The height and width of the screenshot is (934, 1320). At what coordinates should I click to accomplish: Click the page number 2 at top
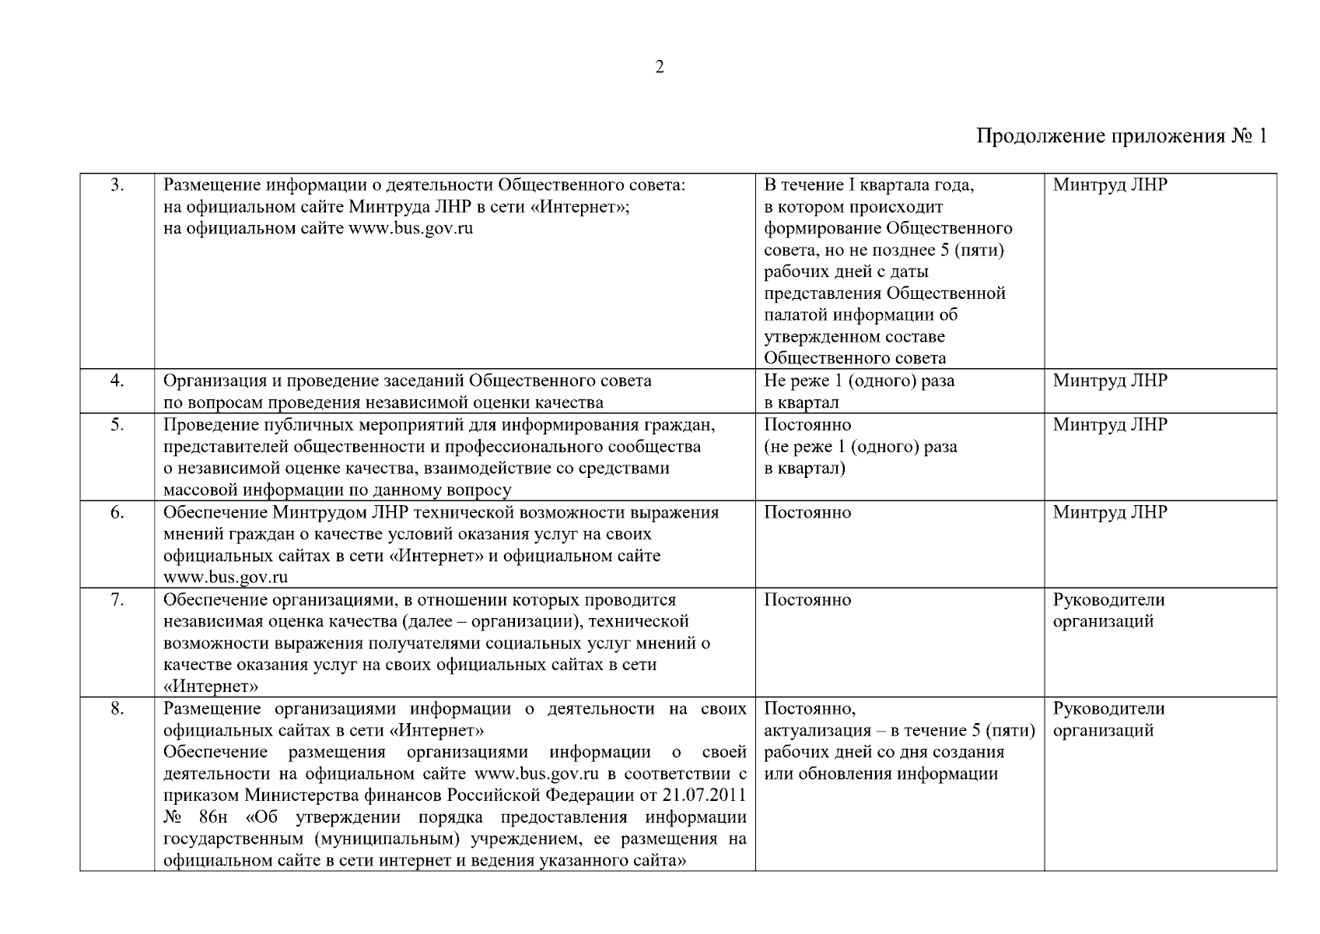(x=660, y=67)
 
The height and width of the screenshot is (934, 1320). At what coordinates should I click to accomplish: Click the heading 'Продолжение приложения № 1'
(x=1122, y=137)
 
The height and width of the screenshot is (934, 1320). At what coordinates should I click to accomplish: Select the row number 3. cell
(x=117, y=185)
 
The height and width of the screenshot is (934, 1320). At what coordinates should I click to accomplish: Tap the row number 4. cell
(x=117, y=381)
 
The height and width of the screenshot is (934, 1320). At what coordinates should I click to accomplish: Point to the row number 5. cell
(x=117, y=425)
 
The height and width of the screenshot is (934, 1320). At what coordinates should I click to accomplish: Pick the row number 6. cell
(x=117, y=512)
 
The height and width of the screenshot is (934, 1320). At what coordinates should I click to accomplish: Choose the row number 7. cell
(x=117, y=599)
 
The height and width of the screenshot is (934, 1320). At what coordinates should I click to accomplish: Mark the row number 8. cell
(x=117, y=708)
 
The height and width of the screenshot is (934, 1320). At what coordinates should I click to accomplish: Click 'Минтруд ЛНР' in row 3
(x=1110, y=185)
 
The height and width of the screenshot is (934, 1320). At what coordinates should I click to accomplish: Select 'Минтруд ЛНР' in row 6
(x=1110, y=512)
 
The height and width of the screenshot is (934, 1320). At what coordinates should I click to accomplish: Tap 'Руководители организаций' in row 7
(x=1108, y=610)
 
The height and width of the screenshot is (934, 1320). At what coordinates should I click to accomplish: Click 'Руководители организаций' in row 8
(x=1108, y=719)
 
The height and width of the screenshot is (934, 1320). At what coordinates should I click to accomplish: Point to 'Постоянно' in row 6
(x=807, y=512)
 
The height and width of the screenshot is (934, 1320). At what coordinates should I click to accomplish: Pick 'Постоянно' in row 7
(x=807, y=599)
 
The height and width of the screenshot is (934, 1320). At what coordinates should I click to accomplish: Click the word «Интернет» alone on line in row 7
(x=211, y=686)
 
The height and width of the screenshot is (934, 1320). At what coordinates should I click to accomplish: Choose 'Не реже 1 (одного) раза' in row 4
(x=859, y=381)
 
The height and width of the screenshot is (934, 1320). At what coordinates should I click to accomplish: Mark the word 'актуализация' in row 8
(x=815, y=730)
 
